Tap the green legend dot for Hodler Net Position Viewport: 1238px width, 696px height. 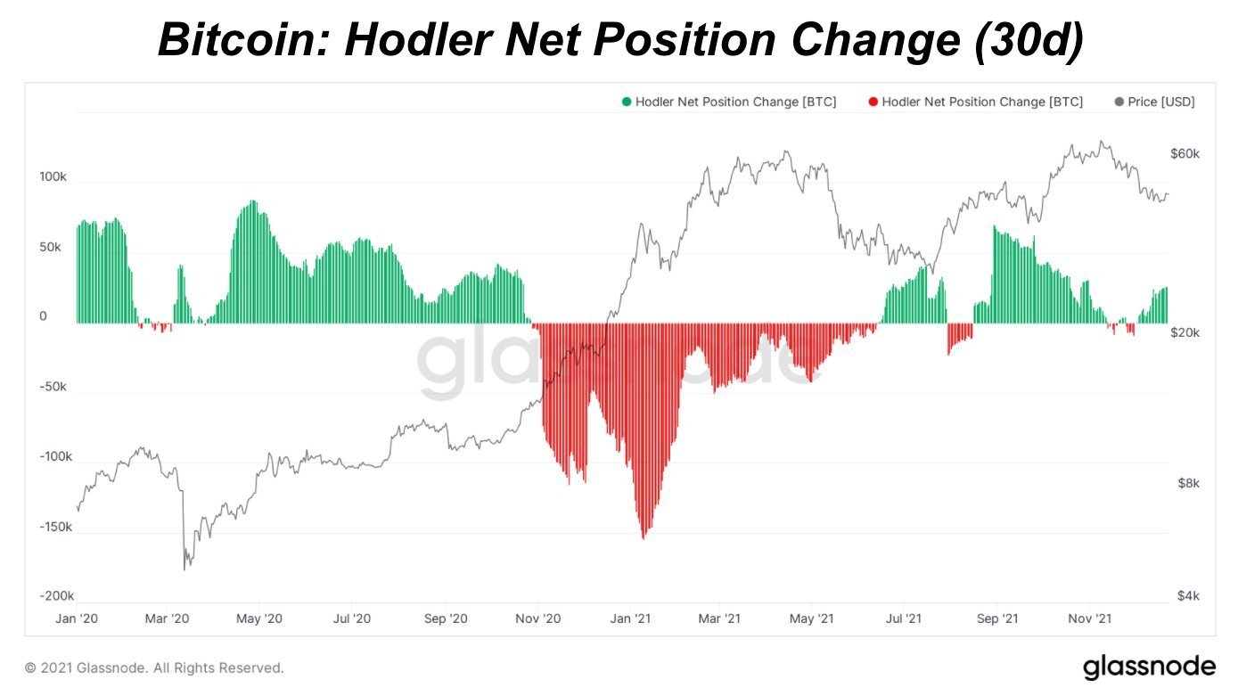click(627, 102)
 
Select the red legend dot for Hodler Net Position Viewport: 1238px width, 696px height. click(873, 102)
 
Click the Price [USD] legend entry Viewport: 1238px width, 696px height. click(1154, 102)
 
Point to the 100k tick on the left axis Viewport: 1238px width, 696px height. click(53, 177)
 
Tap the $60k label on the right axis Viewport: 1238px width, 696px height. click(1185, 153)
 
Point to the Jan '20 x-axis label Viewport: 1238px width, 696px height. click(78, 618)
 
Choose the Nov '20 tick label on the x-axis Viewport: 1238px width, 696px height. click(538, 618)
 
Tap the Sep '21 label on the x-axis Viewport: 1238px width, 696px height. click(997, 618)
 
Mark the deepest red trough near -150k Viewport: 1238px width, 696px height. click(644, 537)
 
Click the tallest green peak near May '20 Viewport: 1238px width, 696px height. click(253, 202)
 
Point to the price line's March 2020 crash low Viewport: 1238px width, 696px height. click(185, 569)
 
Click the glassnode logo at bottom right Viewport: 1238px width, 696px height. click(1149, 666)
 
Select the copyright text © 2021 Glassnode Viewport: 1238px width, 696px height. click(154, 667)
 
